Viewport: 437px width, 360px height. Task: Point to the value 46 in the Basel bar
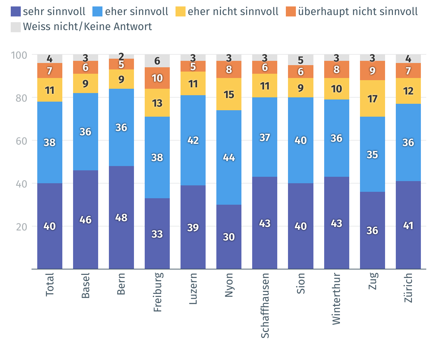click(86, 220)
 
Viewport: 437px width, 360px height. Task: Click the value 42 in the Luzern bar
click(193, 140)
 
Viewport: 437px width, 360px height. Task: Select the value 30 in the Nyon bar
click(229, 237)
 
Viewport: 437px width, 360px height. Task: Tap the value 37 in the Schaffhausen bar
click(265, 137)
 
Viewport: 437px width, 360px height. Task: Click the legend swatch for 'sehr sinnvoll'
click(16, 11)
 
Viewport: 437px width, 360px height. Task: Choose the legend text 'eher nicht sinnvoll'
click(233, 11)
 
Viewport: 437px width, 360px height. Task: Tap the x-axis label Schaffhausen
click(265, 305)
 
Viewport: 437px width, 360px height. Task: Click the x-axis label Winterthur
click(336, 299)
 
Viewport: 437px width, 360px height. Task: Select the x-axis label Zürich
click(408, 287)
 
